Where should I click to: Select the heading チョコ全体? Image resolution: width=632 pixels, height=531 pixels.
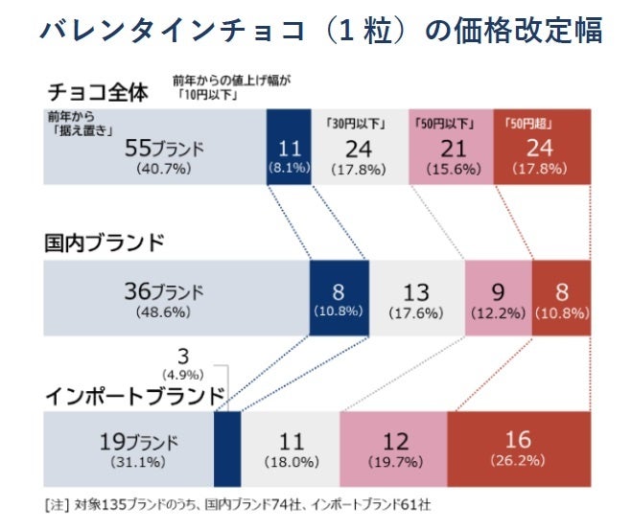98,93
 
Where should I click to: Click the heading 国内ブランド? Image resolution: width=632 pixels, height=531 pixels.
105,242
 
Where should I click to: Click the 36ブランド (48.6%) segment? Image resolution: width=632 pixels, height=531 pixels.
176,297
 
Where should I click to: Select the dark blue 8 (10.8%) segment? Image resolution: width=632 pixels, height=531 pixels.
339,297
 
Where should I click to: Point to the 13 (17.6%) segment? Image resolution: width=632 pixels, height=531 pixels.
416,297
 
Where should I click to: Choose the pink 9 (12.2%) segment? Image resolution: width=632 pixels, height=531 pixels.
498,297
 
